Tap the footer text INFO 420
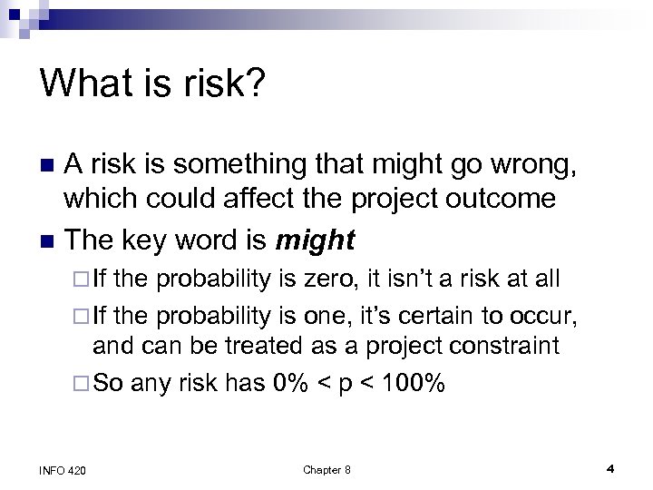(x=64, y=469)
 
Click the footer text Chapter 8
(x=326, y=469)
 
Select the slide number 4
(x=610, y=469)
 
